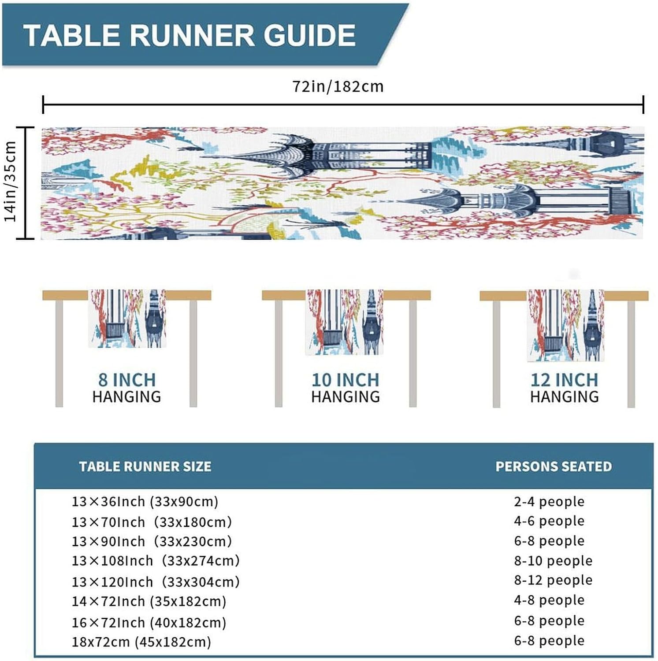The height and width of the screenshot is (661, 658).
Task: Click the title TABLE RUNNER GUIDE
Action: point(190,35)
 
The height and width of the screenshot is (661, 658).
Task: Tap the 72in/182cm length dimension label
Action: point(338,86)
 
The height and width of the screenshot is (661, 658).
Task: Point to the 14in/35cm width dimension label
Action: point(11,182)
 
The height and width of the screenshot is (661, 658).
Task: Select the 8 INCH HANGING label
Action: point(127,388)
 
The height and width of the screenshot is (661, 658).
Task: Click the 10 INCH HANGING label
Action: point(346,388)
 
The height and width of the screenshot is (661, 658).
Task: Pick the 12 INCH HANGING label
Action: point(564,388)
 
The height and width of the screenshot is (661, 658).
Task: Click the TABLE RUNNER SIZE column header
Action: point(145,467)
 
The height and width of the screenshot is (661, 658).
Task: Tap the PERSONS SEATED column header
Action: point(554,467)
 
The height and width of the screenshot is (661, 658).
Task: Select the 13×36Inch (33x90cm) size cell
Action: point(145,501)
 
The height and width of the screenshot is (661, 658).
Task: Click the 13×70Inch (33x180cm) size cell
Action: point(152,522)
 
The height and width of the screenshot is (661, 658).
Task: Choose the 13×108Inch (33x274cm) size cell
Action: point(156,561)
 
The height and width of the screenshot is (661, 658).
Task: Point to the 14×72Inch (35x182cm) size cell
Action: point(149,602)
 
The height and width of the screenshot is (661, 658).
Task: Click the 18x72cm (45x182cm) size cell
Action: point(141,642)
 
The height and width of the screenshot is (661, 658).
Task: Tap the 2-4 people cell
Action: point(549,501)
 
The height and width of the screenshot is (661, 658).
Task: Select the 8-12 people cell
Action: point(553,580)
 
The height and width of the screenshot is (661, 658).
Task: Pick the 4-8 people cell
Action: point(549,600)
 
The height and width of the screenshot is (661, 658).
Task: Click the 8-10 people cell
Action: point(553,561)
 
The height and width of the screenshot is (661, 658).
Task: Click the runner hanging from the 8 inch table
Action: point(127,318)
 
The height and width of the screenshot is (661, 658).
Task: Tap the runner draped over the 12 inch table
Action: point(565,325)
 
